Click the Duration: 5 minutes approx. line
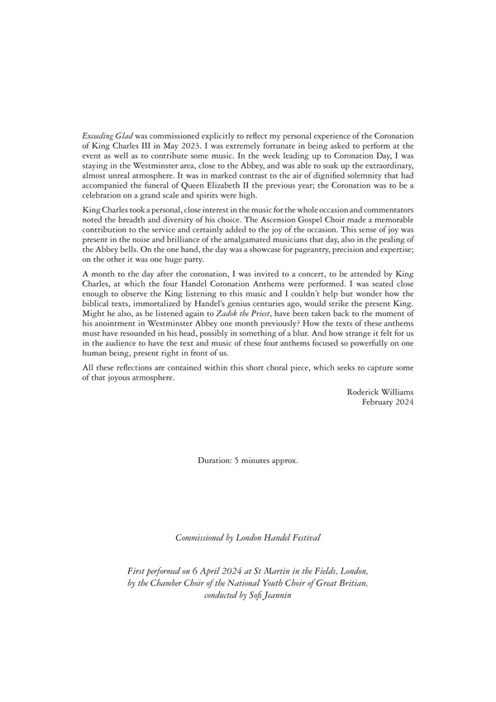click(248, 459)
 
